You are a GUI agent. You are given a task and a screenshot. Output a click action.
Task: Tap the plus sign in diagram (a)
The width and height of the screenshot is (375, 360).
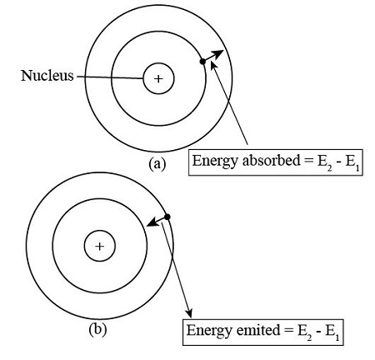pos(158,79)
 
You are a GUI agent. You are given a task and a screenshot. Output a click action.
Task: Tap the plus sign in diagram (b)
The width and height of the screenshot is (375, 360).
pos(100,246)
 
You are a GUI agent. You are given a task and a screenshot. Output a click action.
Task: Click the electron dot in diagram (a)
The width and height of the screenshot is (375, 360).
pos(202,62)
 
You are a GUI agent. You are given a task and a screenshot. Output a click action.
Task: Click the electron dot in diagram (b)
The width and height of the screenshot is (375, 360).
pos(167,217)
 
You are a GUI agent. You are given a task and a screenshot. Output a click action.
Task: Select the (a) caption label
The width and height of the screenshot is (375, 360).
pos(157,164)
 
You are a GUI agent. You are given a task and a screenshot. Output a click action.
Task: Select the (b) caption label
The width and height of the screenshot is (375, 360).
pos(97,328)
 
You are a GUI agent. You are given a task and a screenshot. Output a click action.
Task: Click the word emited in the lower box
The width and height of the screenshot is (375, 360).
pos(252,330)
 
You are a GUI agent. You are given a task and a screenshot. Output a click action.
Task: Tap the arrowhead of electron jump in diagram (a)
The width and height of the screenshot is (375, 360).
pos(218,52)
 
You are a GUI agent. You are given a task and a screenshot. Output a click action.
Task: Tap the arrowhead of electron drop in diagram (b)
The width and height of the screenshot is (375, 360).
pos(151,223)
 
